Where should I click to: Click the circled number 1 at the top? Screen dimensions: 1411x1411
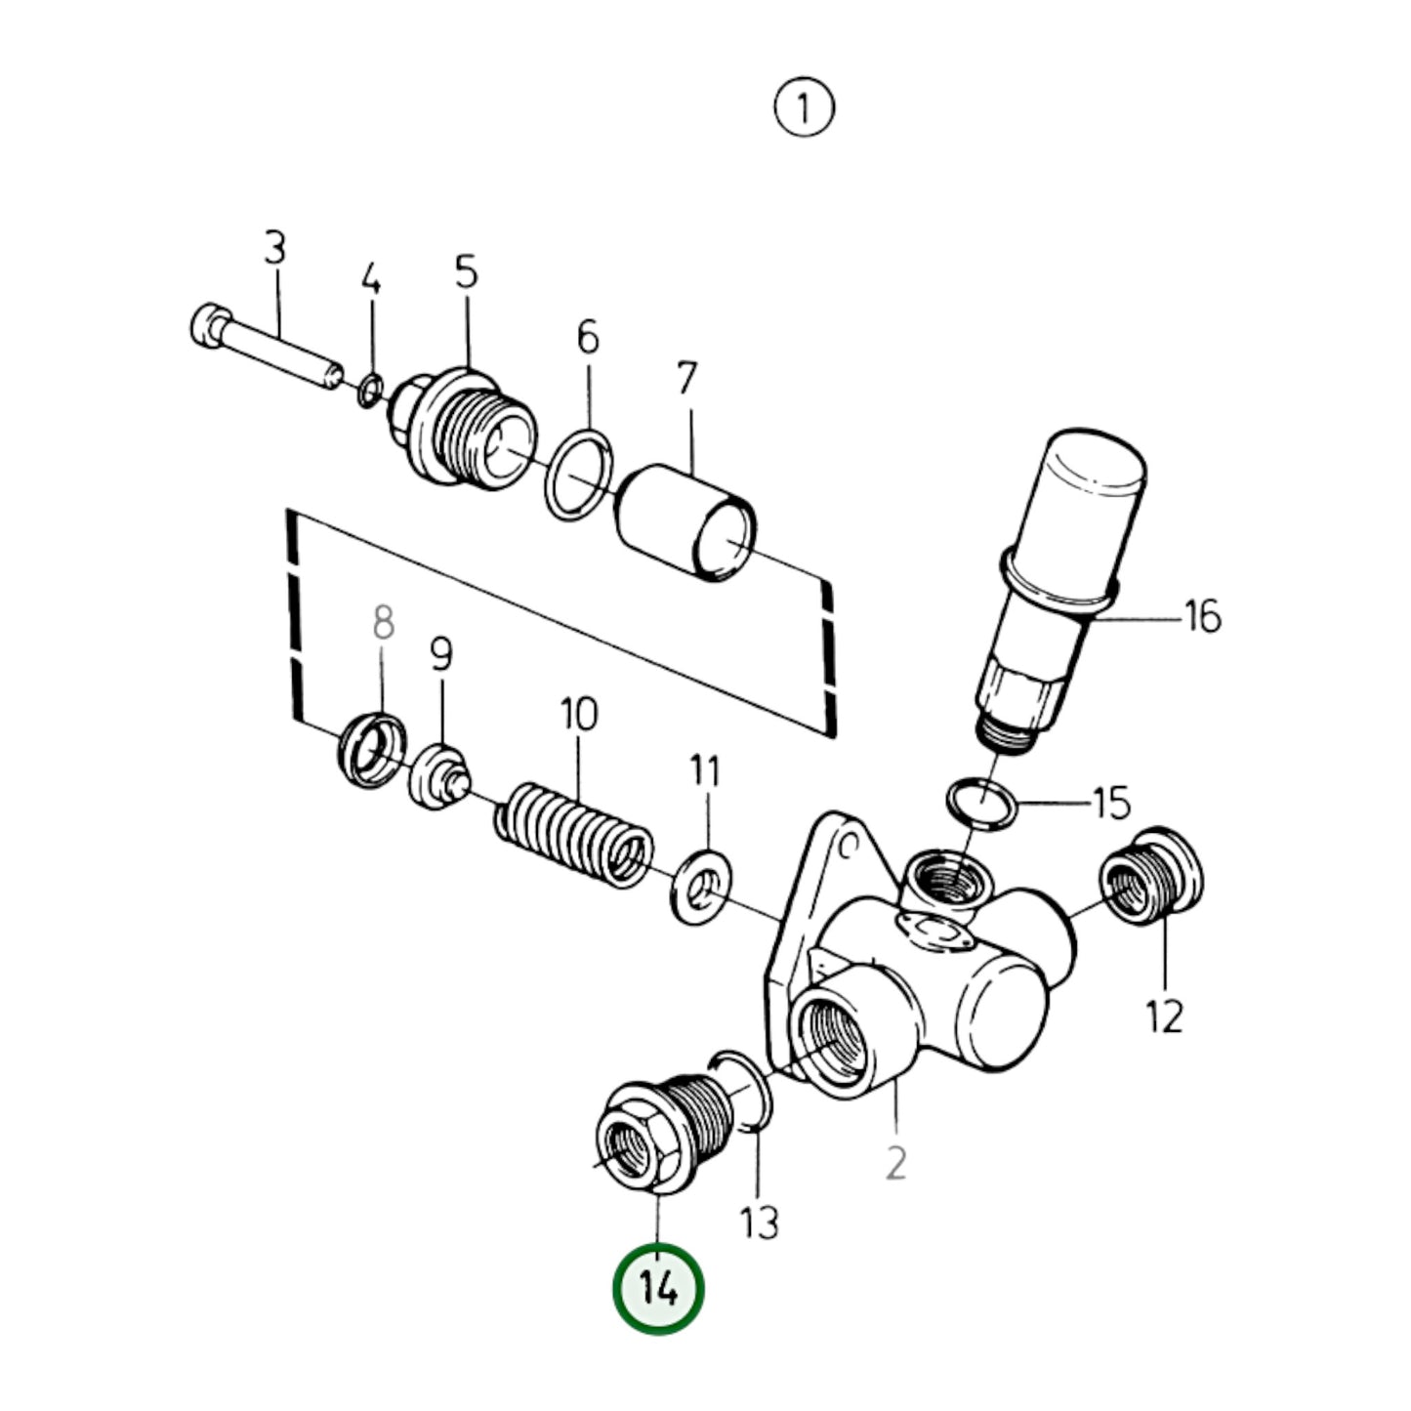(x=804, y=108)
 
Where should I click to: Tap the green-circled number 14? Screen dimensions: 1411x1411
(x=658, y=1289)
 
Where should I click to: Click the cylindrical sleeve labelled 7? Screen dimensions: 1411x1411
(x=686, y=522)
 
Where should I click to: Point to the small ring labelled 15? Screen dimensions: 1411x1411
(x=981, y=802)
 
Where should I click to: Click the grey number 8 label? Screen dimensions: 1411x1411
(x=383, y=622)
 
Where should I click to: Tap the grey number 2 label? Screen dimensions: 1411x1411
(x=895, y=1162)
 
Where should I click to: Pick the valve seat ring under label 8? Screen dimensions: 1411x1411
(x=372, y=750)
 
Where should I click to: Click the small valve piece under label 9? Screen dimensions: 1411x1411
(x=439, y=776)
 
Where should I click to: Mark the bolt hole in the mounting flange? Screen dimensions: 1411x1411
(x=848, y=842)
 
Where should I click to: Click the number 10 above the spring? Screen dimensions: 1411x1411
(x=578, y=714)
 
